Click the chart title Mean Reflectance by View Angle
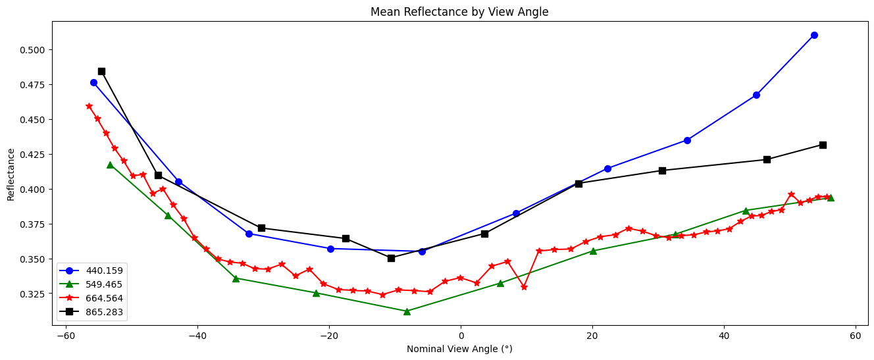[x=459, y=12]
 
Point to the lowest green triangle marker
[x=407, y=311]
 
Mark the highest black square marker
[x=101, y=71]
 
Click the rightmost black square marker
[x=823, y=145]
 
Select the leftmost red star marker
[x=89, y=106]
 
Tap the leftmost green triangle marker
[x=110, y=165]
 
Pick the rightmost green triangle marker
[x=831, y=197]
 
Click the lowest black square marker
[x=391, y=258]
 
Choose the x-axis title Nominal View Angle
[x=459, y=349]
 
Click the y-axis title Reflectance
[x=11, y=174]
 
